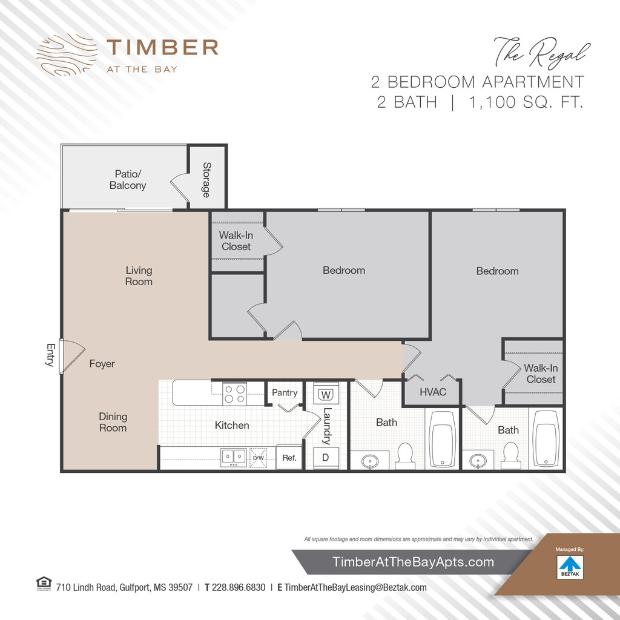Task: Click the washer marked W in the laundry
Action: (x=326, y=394)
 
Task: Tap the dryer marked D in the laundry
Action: (x=326, y=458)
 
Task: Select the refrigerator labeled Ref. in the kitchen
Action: (x=289, y=458)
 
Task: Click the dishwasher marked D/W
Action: (x=258, y=458)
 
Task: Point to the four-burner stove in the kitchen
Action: (x=234, y=394)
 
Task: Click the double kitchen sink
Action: (x=234, y=458)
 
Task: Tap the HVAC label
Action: (x=433, y=392)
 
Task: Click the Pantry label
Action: (x=285, y=392)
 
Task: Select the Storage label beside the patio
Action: (x=206, y=180)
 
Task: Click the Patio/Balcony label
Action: (x=128, y=179)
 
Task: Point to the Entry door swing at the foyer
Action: (x=73, y=356)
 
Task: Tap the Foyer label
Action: (x=102, y=364)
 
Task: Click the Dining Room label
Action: (x=113, y=422)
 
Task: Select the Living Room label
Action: (x=139, y=275)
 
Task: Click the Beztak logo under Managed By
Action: (x=570, y=567)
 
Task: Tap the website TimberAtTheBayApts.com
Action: (x=413, y=562)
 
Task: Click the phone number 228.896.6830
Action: (x=239, y=587)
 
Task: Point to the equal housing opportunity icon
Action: (x=44, y=583)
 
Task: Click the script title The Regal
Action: (x=542, y=52)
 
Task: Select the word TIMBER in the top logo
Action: (x=162, y=47)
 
